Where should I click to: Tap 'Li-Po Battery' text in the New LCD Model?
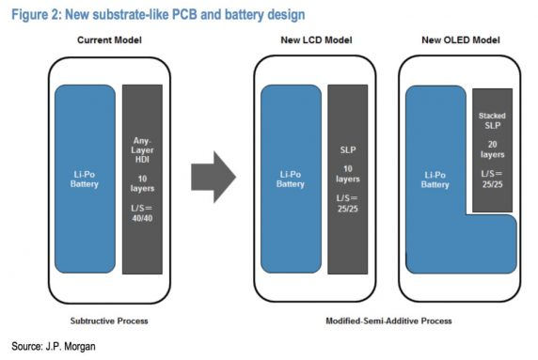(291, 179)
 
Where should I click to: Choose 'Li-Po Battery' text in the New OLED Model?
(435, 179)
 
